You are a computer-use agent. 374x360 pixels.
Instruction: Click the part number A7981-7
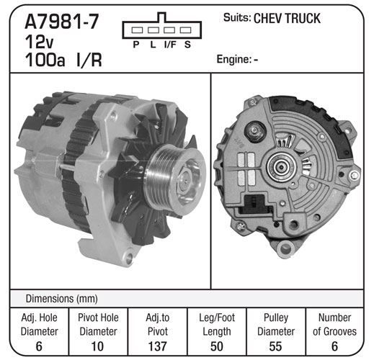click(x=62, y=22)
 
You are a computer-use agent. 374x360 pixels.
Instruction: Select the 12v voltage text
click(x=39, y=42)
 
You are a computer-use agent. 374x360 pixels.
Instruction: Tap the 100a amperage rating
click(x=45, y=60)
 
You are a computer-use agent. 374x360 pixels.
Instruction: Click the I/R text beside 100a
click(x=89, y=60)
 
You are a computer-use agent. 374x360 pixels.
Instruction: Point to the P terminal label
click(x=136, y=45)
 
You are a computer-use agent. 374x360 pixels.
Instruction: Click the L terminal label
click(x=153, y=45)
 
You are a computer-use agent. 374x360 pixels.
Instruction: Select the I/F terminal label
click(x=170, y=45)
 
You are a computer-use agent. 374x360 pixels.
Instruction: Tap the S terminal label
click(x=187, y=45)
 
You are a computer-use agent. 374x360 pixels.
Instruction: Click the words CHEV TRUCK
click(x=287, y=19)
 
